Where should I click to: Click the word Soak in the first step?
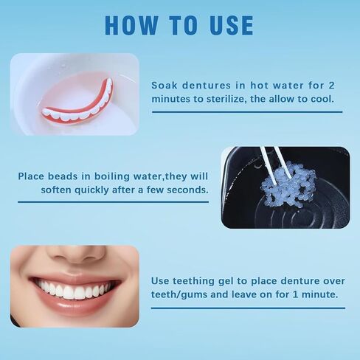[164, 84]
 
